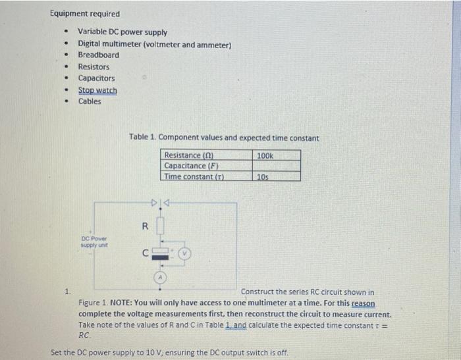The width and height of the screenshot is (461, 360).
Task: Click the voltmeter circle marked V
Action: tap(185, 252)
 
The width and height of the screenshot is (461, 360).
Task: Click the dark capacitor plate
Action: tap(159, 258)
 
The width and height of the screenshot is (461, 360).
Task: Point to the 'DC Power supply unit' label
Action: tap(94, 241)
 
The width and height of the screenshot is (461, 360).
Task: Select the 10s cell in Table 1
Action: tap(262, 176)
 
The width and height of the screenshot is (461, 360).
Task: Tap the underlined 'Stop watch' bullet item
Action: tap(97, 90)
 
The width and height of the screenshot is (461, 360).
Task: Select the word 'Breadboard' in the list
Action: tap(99, 55)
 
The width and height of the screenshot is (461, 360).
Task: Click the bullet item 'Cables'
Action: tap(90, 101)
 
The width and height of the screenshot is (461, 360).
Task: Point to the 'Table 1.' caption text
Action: tap(142, 138)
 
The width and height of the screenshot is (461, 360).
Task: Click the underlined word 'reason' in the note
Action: tap(364, 303)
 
